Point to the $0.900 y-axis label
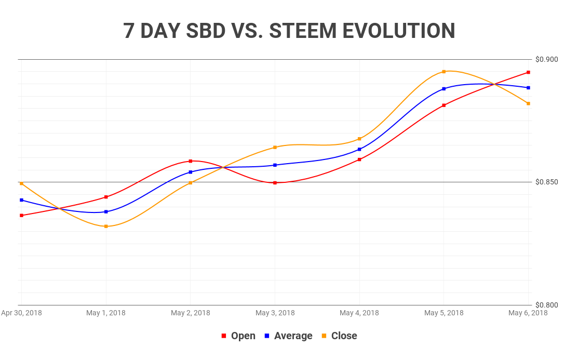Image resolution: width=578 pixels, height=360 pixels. coord(547,59)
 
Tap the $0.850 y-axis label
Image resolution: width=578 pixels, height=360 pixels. coord(547,182)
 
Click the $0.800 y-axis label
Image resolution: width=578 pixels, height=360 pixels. coord(547,305)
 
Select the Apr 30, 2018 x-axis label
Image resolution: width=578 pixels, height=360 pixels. coord(21,313)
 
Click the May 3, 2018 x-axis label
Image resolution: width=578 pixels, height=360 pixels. coord(275,313)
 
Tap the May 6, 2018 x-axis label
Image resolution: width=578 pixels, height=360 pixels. coord(528,313)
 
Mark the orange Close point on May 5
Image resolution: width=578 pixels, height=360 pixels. coord(444,72)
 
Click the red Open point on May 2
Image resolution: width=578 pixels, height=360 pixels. coord(191,161)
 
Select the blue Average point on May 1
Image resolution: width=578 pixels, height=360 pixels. coord(106,211)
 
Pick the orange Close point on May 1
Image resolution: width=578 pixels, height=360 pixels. coord(106,226)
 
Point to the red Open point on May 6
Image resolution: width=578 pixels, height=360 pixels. coord(528,72)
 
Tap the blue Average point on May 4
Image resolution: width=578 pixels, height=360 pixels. coord(359,150)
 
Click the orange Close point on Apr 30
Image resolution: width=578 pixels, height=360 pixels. coord(21,183)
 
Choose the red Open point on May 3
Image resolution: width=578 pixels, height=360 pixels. coord(275,183)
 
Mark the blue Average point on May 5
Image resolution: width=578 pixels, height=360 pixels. coord(444,89)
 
